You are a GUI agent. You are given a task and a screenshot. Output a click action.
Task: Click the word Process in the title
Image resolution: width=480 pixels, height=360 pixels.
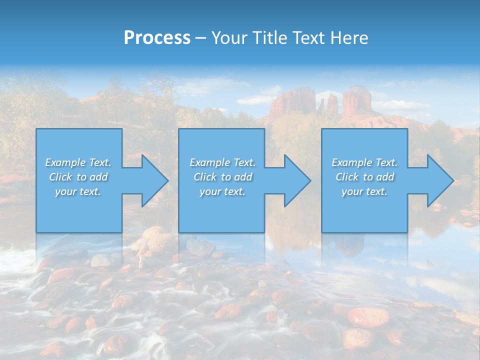tap(157, 38)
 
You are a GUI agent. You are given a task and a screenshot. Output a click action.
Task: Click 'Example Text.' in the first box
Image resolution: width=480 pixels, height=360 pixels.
tap(78, 162)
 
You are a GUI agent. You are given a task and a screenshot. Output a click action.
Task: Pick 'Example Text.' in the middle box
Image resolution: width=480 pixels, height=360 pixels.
tap(222, 162)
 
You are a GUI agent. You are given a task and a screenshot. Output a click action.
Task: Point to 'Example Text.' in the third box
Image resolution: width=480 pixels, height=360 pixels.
tap(364, 162)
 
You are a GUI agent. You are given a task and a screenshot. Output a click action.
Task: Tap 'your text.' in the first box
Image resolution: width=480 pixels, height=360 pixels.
tap(78, 191)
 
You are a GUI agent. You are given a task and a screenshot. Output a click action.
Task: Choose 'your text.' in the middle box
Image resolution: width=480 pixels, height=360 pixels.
tap(222, 191)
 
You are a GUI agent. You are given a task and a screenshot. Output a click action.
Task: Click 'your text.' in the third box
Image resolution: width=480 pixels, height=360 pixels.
tap(364, 191)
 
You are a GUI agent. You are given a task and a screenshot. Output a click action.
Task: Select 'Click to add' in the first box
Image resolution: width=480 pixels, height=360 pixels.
tap(78, 177)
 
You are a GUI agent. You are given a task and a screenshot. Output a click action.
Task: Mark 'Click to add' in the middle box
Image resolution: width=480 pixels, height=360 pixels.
tap(222, 177)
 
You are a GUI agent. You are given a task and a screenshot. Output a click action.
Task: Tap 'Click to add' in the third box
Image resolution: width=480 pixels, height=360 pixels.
tap(364, 177)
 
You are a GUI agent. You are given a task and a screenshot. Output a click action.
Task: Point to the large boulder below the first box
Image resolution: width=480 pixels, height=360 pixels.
tap(156, 240)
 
